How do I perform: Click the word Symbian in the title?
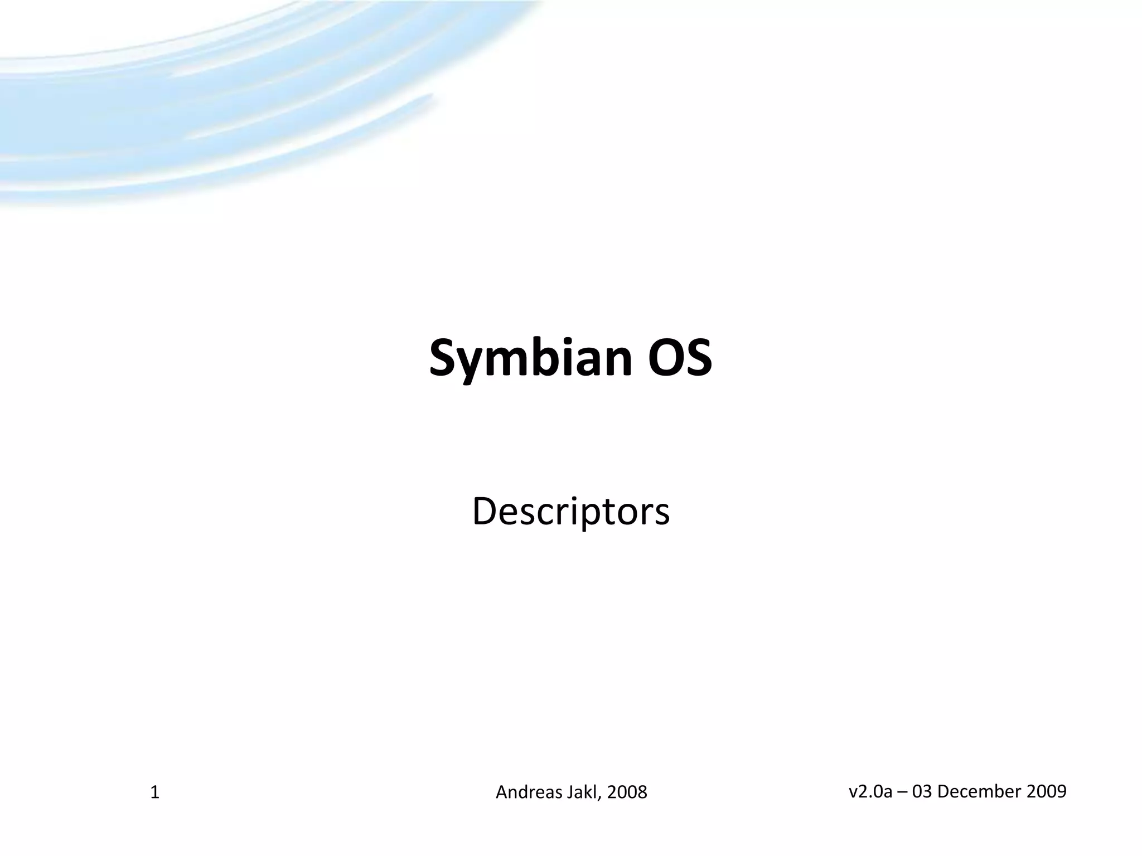tap(530, 358)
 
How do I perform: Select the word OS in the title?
tap(680, 357)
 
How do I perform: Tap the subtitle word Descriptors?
tap(570, 511)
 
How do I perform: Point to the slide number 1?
tap(155, 792)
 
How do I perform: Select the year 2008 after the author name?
tap(627, 792)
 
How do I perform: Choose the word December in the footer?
tap(977, 791)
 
